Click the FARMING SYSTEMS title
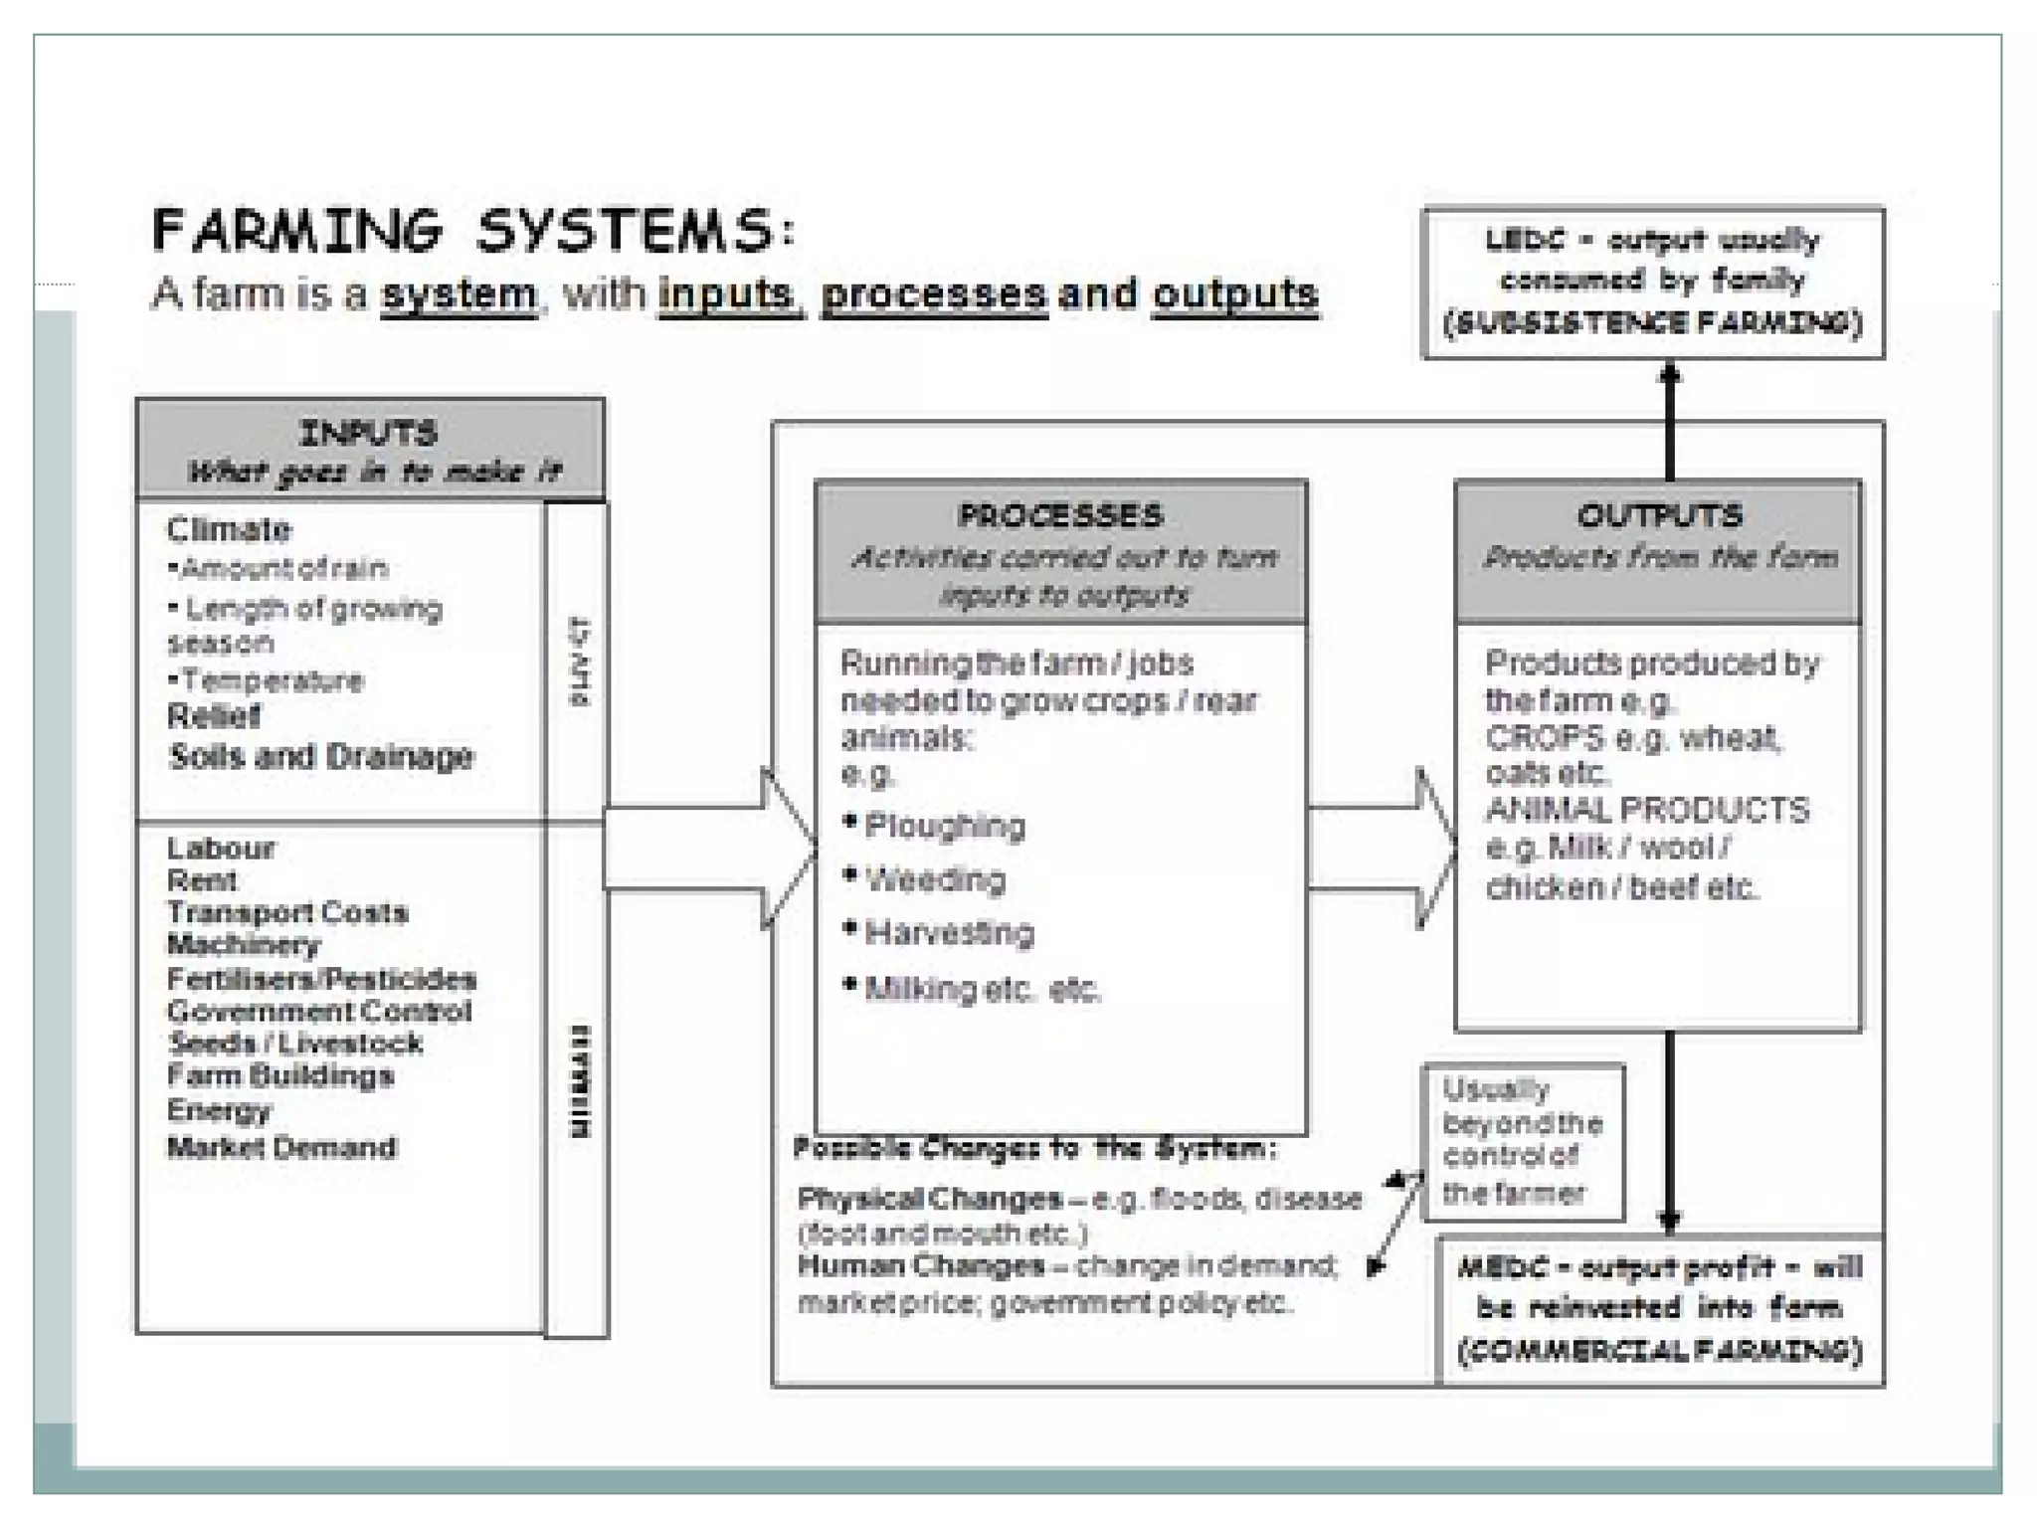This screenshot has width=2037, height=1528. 473,231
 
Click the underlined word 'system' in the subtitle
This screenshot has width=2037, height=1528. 459,294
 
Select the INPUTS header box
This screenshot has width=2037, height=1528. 370,450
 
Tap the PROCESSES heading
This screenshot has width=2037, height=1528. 1060,515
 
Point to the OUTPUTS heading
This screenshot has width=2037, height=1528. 1659,515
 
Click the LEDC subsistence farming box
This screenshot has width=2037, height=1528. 1653,283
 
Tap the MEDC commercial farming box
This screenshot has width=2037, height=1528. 1659,1309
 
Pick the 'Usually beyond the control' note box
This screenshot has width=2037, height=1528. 1523,1142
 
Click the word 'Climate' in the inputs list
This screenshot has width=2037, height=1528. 229,529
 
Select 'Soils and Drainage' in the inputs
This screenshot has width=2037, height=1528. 321,757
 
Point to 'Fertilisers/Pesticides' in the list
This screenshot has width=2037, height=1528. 321,979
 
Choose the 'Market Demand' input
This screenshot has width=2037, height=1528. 281,1148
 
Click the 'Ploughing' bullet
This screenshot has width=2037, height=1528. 944,826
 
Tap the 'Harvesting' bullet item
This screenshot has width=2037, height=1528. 949,933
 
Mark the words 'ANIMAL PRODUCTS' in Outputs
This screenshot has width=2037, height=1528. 1647,811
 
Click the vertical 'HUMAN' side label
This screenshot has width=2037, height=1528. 578,1081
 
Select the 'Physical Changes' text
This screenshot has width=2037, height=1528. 929,1199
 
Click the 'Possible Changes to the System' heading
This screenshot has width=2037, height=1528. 1034,1149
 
